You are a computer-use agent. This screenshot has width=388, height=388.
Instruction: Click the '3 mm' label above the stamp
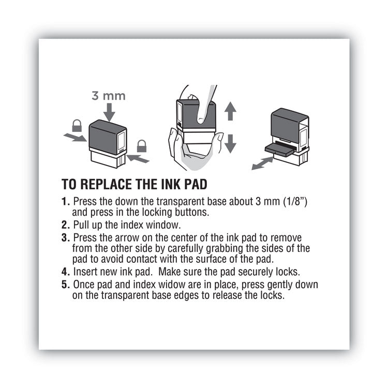(109, 96)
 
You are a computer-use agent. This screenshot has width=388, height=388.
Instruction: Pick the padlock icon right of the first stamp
(141, 146)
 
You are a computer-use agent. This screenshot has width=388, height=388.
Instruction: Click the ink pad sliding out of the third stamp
(279, 148)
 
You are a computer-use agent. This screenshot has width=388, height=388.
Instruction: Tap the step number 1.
(65, 202)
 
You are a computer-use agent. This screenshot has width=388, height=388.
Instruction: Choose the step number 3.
(65, 237)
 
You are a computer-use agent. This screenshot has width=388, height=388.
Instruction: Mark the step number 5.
(65, 285)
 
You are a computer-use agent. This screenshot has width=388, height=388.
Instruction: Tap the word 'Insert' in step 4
(86, 272)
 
